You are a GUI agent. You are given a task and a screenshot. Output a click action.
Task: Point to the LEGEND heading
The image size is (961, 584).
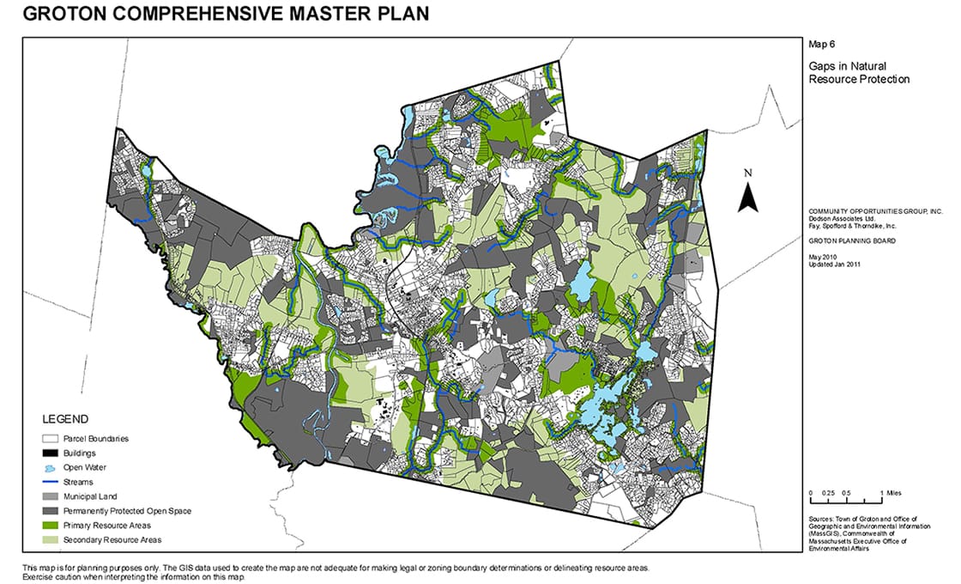click(x=64, y=420)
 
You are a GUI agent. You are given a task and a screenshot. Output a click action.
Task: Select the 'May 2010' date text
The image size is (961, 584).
click(x=823, y=258)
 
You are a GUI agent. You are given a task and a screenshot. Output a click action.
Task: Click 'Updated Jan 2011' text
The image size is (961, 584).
click(x=835, y=265)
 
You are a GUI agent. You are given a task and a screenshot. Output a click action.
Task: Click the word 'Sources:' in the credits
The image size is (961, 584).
click(x=821, y=520)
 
